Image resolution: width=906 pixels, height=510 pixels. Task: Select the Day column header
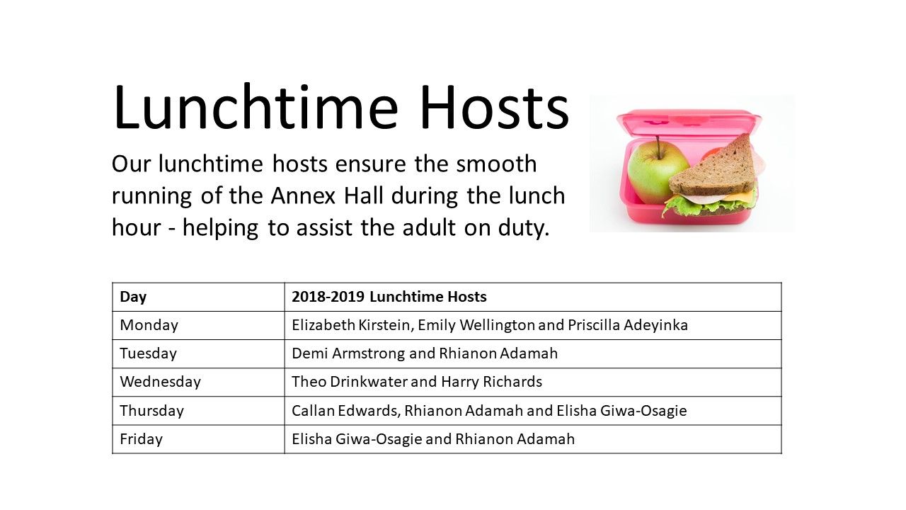point(133,297)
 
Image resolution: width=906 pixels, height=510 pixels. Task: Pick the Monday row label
point(149,325)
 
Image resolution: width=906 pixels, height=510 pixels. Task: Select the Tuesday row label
point(148,353)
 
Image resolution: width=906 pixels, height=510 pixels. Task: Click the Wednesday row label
point(160,382)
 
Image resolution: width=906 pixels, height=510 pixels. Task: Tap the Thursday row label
point(151,411)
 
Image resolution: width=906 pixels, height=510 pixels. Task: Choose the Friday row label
point(141,439)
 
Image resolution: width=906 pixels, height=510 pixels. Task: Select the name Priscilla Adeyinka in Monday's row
point(628,325)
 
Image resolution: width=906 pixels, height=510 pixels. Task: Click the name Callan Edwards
point(346,410)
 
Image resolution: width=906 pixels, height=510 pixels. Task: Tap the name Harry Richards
point(491,382)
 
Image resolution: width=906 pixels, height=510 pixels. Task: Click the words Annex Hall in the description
point(327,195)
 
